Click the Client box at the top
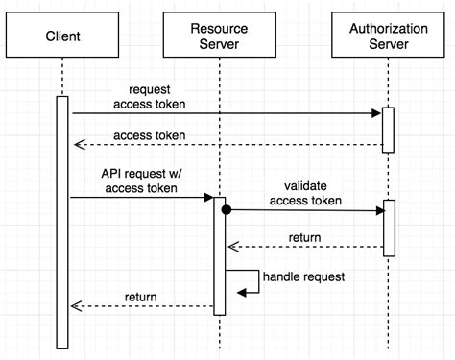(61, 36)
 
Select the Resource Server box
(219, 36)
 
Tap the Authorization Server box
(389, 36)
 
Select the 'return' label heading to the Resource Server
(304, 237)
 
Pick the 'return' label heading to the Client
(141, 297)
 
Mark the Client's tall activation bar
(62, 221)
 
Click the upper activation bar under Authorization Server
(389, 129)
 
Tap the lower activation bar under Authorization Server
(389, 228)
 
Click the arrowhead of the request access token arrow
(377, 113)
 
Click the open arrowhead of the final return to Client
(74, 306)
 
